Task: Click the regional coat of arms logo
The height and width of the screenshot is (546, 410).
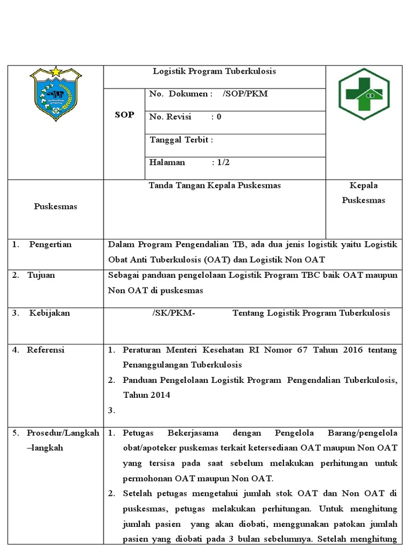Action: tap(56, 94)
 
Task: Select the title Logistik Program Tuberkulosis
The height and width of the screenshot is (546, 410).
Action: tap(214, 71)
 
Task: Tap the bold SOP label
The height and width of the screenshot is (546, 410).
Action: tap(124, 115)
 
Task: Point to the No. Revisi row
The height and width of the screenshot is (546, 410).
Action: tap(185, 117)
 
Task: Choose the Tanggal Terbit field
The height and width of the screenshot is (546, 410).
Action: tap(182, 140)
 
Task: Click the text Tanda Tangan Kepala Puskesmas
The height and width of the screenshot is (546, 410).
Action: tap(214, 186)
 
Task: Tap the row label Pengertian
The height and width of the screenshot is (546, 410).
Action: tap(50, 244)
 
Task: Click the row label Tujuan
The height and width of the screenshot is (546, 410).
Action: tap(41, 275)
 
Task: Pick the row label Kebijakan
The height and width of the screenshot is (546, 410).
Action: tap(49, 313)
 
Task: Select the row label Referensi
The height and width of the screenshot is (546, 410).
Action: tap(45, 350)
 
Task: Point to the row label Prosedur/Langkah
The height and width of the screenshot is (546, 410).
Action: tap(62, 433)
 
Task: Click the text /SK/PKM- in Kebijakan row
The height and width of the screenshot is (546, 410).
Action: tap(174, 313)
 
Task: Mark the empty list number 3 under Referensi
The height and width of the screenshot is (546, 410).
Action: tap(111, 411)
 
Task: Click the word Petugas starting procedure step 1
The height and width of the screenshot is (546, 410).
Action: tap(137, 433)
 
